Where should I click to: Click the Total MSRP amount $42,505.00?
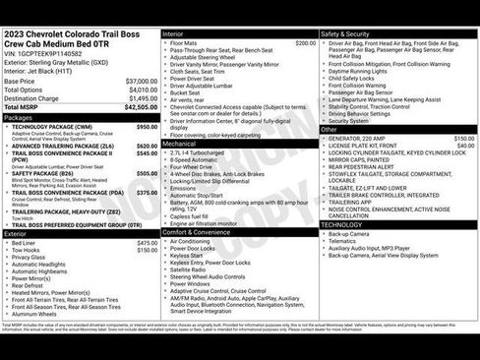(x=139, y=107)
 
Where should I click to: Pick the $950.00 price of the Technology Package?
(x=147, y=127)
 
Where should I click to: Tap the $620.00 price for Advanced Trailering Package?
(x=147, y=145)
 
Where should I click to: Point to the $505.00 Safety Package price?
(x=147, y=172)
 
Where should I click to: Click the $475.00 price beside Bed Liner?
(x=147, y=242)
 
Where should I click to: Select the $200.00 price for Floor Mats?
(x=305, y=43)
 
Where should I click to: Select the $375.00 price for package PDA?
(x=147, y=193)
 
